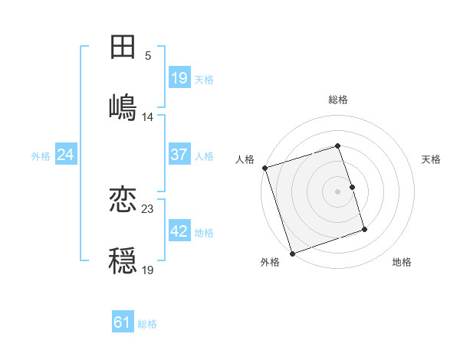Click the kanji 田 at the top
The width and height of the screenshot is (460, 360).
(x=123, y=47)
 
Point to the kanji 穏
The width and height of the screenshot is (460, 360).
(x=123, y=259)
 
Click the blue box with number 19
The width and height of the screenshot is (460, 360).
(x=179, y=78)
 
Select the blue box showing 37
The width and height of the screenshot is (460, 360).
(x=179, y=155)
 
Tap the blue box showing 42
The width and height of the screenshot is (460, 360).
(x=179, y=232)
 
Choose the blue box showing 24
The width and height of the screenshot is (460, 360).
(x=66, y=155)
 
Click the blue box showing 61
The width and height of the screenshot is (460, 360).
(x=123, y=323)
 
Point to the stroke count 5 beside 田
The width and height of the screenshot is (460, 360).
(x=148, y=56)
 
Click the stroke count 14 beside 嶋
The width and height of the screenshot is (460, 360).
(x=148, y=116)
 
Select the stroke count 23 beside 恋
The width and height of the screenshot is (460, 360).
(x=148, y=208)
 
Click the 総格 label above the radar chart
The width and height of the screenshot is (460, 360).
(x=338, y=100)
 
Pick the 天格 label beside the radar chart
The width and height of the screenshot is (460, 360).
(x=431, y=159)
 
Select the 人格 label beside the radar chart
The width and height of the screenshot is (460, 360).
(x=245, y=159)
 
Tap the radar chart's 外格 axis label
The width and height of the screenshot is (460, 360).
(x=270, y=262)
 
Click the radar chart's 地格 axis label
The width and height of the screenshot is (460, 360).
(x=402, y=262)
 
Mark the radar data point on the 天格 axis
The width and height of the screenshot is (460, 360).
(x=353, y=186)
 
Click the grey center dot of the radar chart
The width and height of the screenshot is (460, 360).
(x=338, y=191)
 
